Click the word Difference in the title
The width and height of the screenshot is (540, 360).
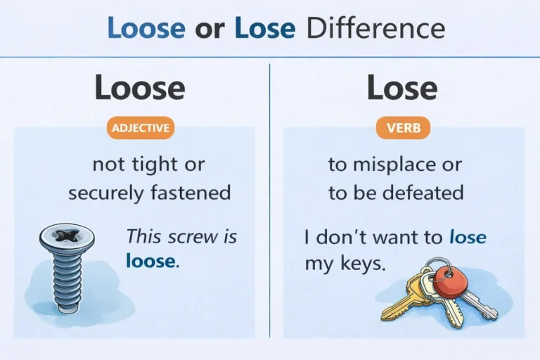click(376, 28)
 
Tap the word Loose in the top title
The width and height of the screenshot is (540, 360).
click(146, 28)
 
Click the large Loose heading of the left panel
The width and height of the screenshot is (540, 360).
click(139, 89)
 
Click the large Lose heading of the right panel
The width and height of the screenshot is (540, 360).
click(402, 89)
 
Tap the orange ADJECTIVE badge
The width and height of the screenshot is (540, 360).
click(140, 128)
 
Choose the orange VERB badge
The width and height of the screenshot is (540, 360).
click(403, 128)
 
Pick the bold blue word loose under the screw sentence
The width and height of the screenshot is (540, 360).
click(151, 262)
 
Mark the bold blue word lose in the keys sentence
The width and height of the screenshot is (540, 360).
click(467, 238)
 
